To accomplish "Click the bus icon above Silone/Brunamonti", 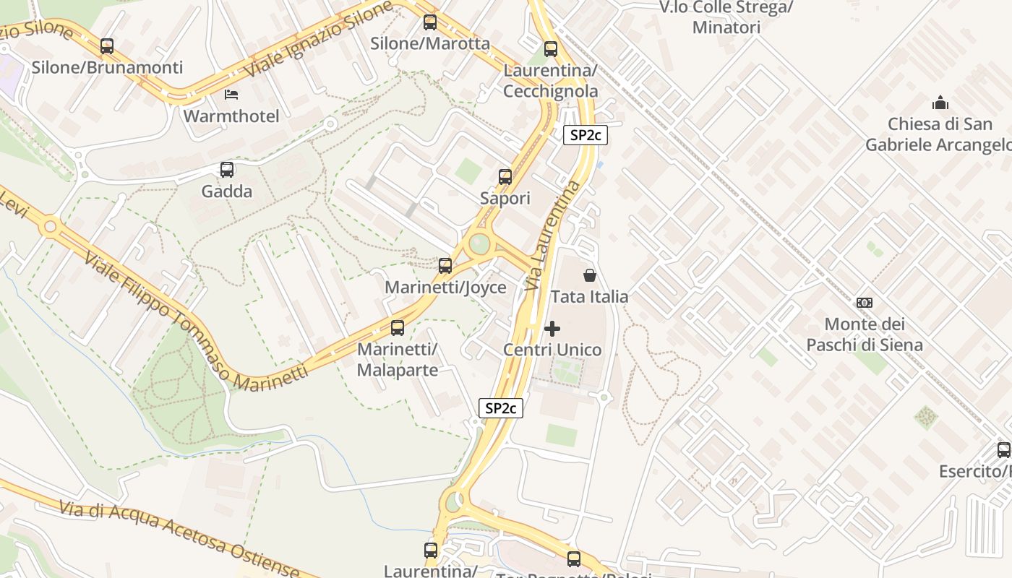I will coord(107,46).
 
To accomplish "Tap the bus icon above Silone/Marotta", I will coord(430,22).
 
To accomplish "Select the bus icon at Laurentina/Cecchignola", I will coord(551,49).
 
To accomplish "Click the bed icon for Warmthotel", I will coord(231,95).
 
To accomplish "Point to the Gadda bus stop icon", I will coord(227,170).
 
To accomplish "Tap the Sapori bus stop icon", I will coord(505,176).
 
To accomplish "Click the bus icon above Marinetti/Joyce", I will coord(445,265).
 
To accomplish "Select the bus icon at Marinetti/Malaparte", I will coord(398,328).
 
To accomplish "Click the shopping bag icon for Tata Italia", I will coord(590,275).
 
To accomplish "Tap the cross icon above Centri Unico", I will coord(552,329).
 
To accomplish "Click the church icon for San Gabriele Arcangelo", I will coord(940,103).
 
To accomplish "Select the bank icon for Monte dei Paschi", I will coord(865,302).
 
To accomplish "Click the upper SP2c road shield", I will coord(586,135).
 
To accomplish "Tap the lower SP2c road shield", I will coord(500,408).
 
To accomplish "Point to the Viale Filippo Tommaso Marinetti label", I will coord(195,325).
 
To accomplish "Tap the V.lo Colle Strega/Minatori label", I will coord(726,17).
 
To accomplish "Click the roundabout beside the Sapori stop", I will coord(479,244).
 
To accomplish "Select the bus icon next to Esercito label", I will coord(1003,450).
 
